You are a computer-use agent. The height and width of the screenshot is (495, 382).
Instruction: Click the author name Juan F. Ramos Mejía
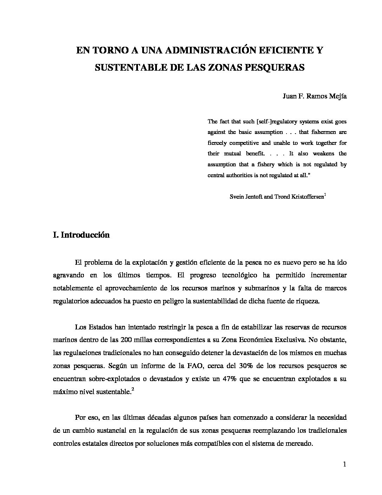point(315,97)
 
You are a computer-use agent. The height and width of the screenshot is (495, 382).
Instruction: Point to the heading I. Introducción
point(81,235)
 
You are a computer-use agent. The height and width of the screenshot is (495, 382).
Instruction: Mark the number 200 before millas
point(126,340)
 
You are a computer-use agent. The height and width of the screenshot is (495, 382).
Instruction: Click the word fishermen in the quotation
point(312,132)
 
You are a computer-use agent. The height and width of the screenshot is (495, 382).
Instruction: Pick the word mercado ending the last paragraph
point(300,443)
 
